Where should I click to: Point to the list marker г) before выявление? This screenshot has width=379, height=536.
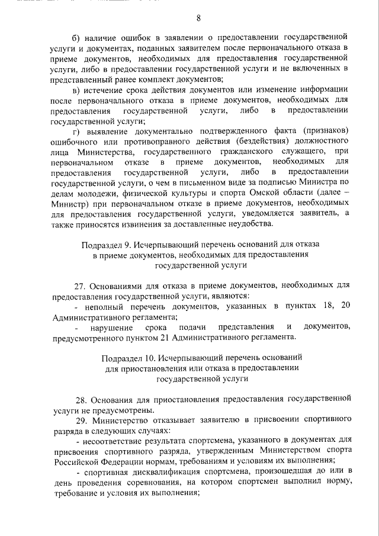click(75, 130)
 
